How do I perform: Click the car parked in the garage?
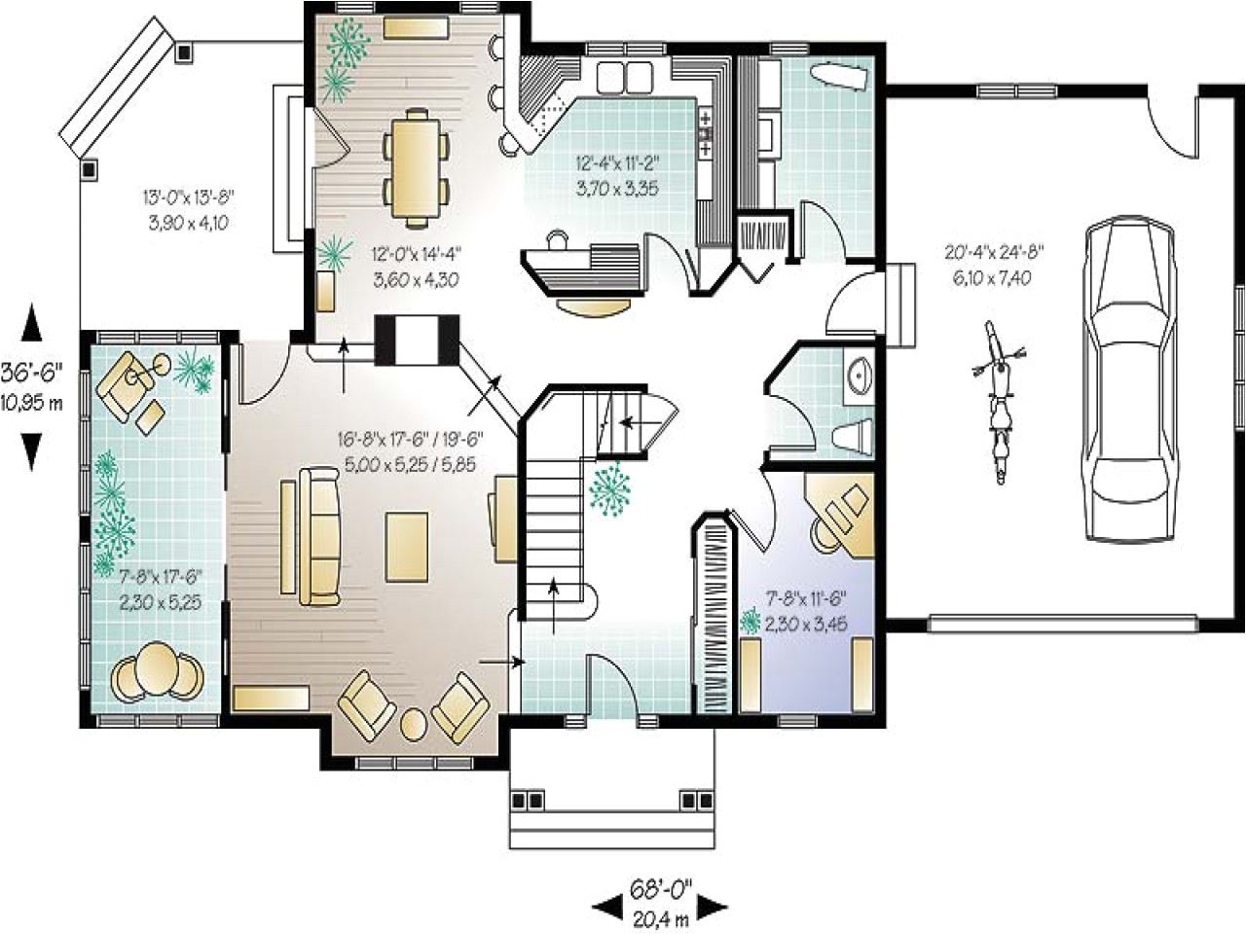click(1130, 379)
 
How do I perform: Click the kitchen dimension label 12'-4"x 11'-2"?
click(617, 175)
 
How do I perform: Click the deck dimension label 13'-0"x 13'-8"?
click(189, 209)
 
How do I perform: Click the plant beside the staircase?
click(611, 488)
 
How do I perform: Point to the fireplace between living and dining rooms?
click(416, 340)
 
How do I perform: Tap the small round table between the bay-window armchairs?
click(415, 724)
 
